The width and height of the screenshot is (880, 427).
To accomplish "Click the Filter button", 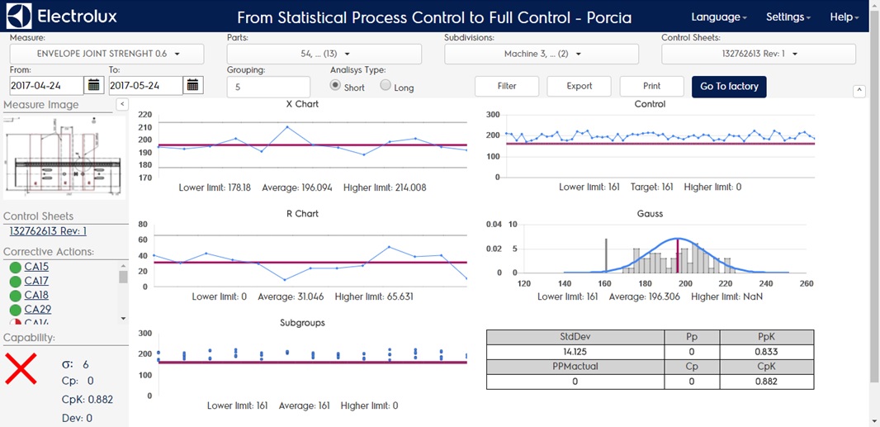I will [507, 86].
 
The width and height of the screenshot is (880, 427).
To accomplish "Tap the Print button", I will [651, 86].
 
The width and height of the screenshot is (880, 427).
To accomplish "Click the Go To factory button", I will [729, 86].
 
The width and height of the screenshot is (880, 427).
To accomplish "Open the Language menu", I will [718, 17].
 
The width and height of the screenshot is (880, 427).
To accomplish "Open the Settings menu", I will [788, 17].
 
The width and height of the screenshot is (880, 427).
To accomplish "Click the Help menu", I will [844, 17].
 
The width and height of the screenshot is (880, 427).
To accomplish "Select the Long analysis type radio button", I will [386, 85].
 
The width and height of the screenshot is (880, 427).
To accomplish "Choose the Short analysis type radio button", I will [335, 85].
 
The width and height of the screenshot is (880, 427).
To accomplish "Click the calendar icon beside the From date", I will [94, 85].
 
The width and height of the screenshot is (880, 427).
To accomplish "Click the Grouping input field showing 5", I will [268, 86].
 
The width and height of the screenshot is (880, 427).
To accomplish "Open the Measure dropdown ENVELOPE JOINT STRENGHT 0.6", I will [107, 54].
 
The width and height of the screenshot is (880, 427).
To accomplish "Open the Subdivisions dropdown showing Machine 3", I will [542, 54].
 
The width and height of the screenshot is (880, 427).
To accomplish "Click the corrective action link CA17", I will [36, 281].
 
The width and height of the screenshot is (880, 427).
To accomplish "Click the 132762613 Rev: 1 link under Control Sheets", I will [45, 231].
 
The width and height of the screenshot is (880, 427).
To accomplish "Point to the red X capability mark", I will [21, 368].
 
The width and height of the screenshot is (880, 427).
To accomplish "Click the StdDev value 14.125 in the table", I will [575, 351].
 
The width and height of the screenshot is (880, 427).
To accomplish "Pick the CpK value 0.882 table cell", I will [767, 381].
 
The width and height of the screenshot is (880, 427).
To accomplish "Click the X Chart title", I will [301, 104].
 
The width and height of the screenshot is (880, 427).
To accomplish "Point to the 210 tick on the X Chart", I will [145, 126].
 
